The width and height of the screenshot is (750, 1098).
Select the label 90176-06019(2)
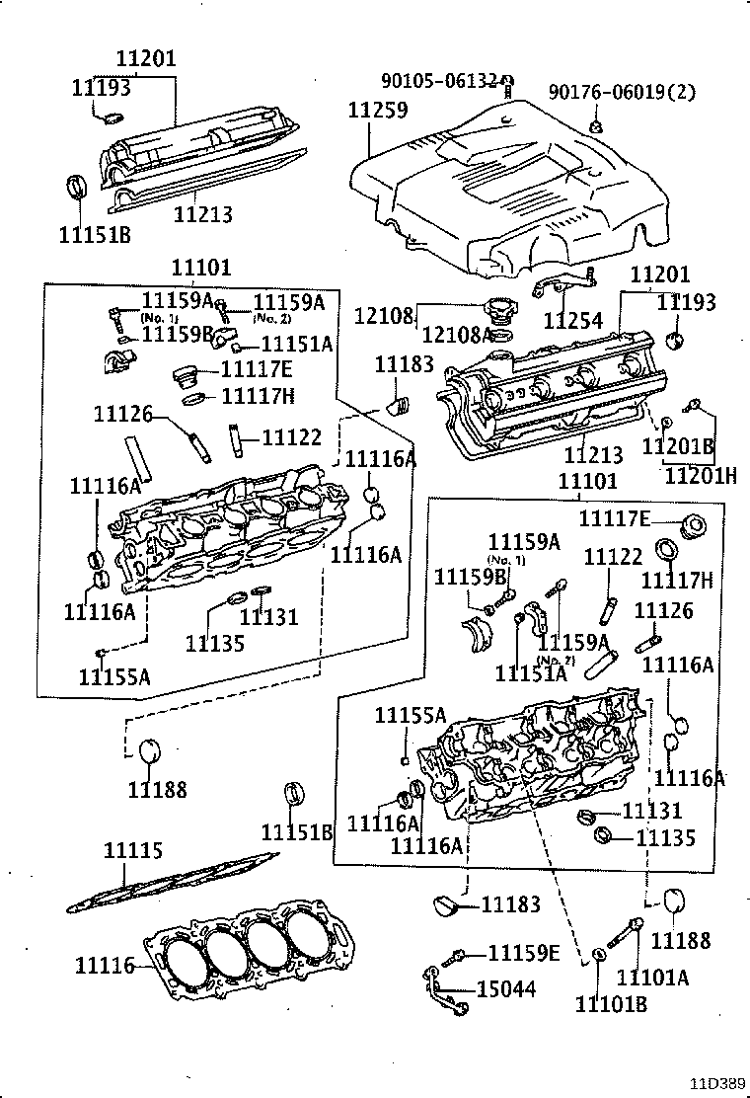pyautogui.click(x=622, y=93)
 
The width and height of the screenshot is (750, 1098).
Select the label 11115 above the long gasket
pyautogui.click(x=133, y=851)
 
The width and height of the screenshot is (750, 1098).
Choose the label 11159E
pyautogui.click(x=524, y=953)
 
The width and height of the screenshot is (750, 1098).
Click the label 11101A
pyautogui.click(x=652, y=978)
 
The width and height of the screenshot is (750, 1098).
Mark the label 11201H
pyautogui.click(x=700, y=475)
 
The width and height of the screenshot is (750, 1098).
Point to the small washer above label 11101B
pyautogui.click(x=600, y=955)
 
